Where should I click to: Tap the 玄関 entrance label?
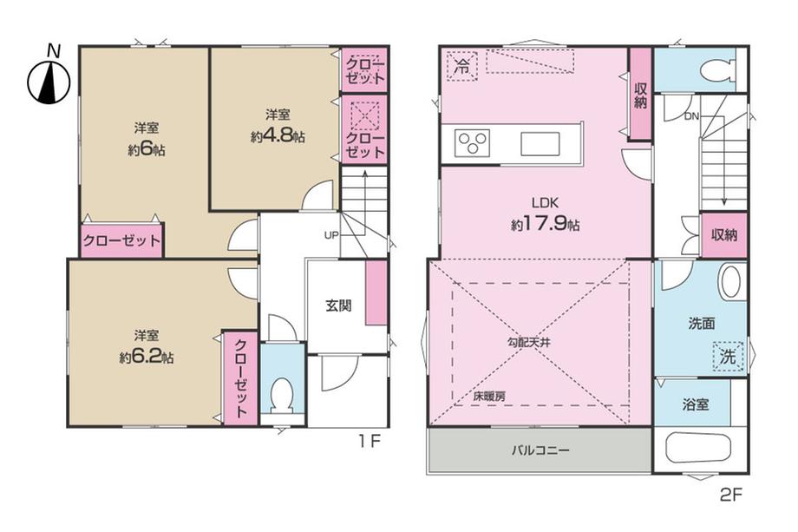(x=338, y=306)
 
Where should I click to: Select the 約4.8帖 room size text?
(x=278, y=136)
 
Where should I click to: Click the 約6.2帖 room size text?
(x=147, y=358)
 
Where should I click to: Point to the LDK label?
(x=545, y=202)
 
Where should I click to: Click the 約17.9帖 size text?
(x=545, y=224)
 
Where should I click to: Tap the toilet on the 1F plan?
(x=282, y=396)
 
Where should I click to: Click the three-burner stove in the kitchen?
(x=472, y=143)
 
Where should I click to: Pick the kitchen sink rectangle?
(x=540, y=144)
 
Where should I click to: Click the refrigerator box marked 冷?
(x=462, y=65)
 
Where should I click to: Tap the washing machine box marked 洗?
(x=729, y=356)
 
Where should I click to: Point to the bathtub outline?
(x=698, y=447)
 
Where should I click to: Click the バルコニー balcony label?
(x=540, y=450)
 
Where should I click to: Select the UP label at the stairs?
(x=331, y=235)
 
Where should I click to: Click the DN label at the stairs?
(x=691, y=116)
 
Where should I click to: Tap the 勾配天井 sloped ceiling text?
(x=529, y=343)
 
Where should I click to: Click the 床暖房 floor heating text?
(x=489, y=396)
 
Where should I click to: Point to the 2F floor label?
(x=732, y=496)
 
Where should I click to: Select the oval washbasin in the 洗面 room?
(x=730, y=281)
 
